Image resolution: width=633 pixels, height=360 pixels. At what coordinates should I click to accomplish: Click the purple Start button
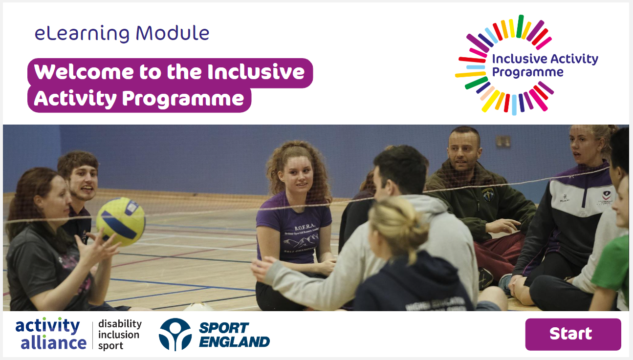coord(572,334)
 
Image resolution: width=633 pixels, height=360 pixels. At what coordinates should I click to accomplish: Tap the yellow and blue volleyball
coord(121,221)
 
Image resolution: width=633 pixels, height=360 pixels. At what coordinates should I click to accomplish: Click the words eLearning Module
coord(122,34)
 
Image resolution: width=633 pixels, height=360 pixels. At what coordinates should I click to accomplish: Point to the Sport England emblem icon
coord(175,334)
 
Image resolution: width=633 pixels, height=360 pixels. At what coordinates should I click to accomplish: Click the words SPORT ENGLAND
coord(234,335)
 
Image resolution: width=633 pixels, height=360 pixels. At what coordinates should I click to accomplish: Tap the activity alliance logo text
coord(50,334)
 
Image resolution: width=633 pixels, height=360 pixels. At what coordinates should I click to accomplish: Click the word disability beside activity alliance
coord(120,324)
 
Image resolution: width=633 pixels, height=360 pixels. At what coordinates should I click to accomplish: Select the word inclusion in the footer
coord(119,335)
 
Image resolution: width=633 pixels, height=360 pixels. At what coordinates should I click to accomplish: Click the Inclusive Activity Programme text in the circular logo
coord(545,65)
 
